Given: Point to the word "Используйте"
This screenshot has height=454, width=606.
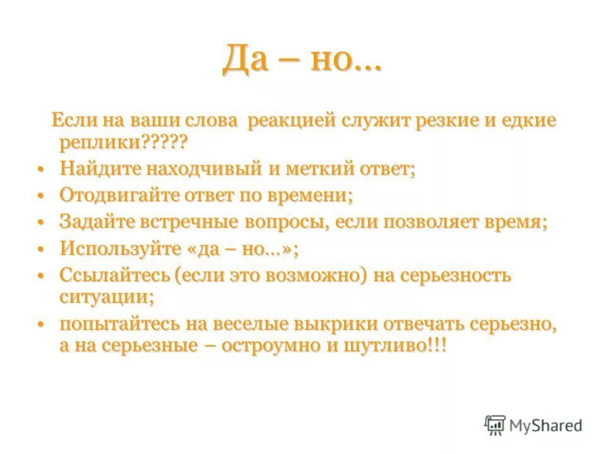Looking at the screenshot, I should coord(114,248).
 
